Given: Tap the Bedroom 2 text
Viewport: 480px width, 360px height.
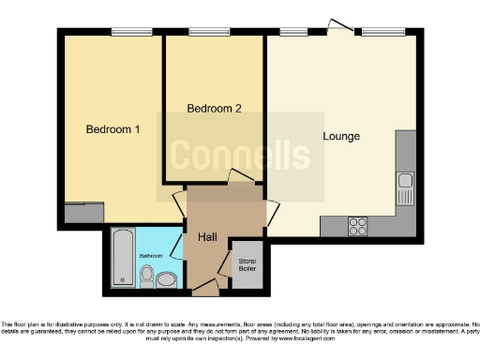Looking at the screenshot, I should [214, 109].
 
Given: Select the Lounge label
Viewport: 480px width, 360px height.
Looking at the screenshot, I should [341, 137].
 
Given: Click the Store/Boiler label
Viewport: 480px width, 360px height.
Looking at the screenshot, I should [247, 265].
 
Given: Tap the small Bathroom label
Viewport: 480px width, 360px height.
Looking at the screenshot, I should [151, 255].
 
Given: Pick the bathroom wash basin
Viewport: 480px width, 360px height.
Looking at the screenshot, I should [166, 278].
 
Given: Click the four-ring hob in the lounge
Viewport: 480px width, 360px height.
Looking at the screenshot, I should [358, 226].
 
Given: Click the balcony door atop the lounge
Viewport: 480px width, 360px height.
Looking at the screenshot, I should [343, 28].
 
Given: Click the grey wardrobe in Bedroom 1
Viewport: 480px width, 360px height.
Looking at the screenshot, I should [83, 213].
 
